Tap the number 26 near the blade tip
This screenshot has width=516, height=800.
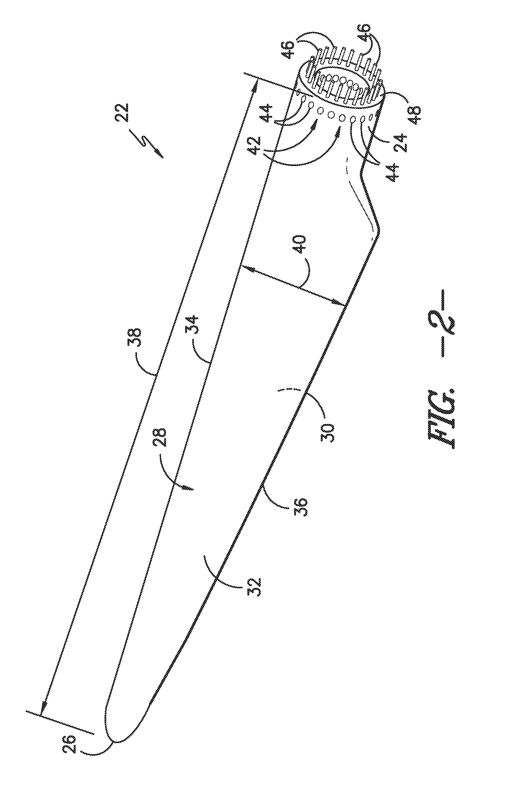coord(69,744)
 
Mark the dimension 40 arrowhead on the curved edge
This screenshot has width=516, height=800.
coord(340,304)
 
